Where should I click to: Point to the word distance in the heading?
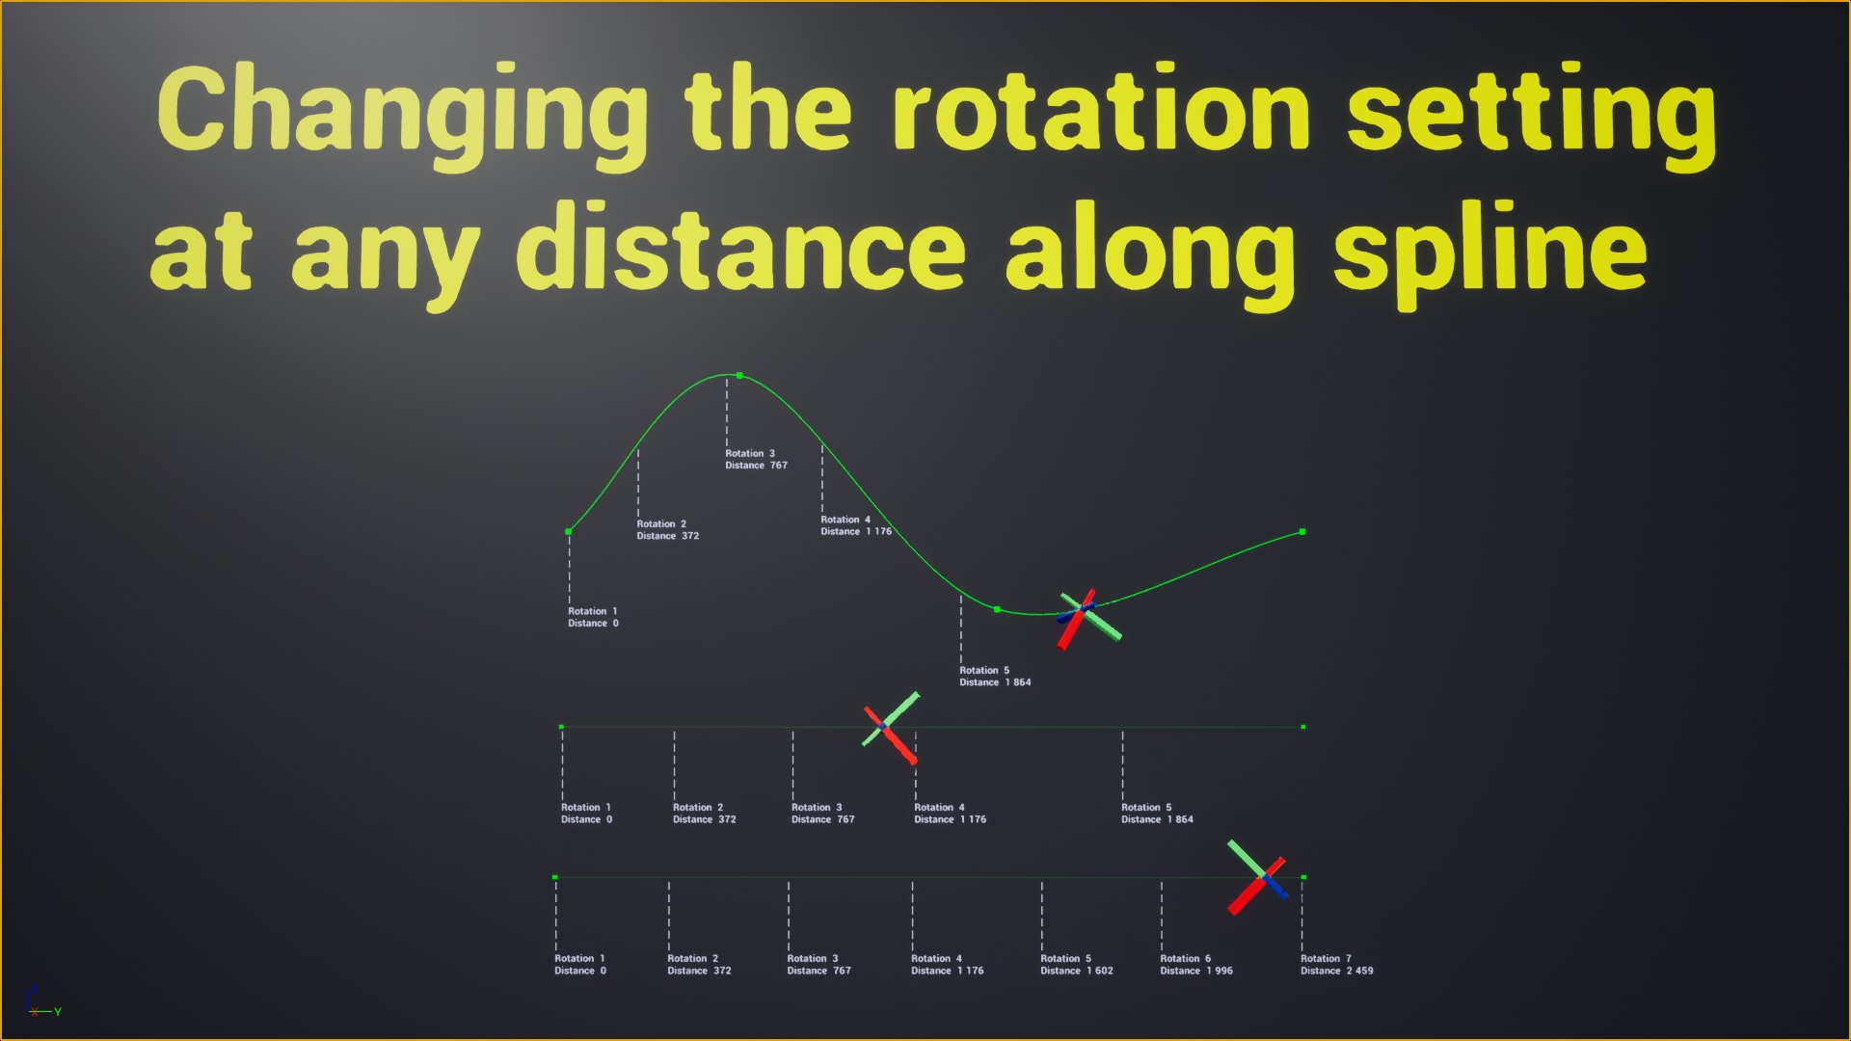pos(740,247)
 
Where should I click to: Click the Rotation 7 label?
pos(1326,958)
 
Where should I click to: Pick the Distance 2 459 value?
pos(1336,971)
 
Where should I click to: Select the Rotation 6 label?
pos(1185,958)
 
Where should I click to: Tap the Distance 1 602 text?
pos(1076,971)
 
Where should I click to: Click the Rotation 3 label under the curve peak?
pos(750,453)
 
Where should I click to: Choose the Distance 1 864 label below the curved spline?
pos(995,682)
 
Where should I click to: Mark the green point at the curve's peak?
pos(739,375)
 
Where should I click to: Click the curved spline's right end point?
pos(1302,532)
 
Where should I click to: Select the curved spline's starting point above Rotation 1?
pos(569,532)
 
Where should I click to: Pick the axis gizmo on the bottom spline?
pos(1259,876)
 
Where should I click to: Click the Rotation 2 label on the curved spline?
pos(661,524)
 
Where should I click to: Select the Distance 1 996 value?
pos(1196,971)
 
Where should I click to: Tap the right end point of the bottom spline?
pos(1303,877)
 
